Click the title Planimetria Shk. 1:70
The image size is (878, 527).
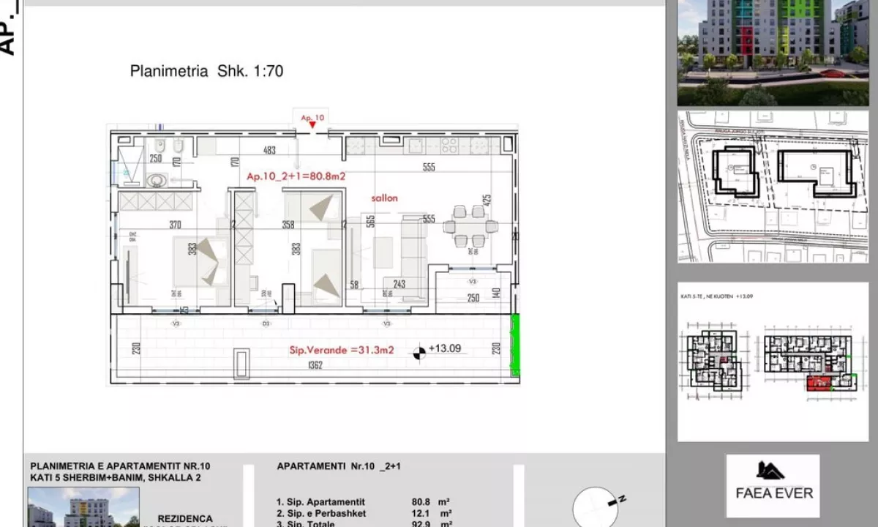pos(206,71)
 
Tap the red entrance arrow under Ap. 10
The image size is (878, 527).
pos(312,126)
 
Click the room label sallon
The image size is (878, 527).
pos(384,198)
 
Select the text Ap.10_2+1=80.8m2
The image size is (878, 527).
pos(296,176)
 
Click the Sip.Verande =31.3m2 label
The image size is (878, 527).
pos(342,350)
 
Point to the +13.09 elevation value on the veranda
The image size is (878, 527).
pos(445,348)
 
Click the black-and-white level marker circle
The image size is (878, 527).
pos(419,353)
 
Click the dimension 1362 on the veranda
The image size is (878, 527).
pos(315,365)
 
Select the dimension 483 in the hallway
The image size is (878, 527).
pos(269,151)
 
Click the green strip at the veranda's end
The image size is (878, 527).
pos(514,345)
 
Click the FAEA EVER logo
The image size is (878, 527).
pos(773,485)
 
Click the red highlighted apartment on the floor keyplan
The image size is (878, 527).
pos(819,383)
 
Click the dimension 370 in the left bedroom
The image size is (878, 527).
pos(174,225)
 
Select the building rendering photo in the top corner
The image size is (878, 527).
pos(773,51)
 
